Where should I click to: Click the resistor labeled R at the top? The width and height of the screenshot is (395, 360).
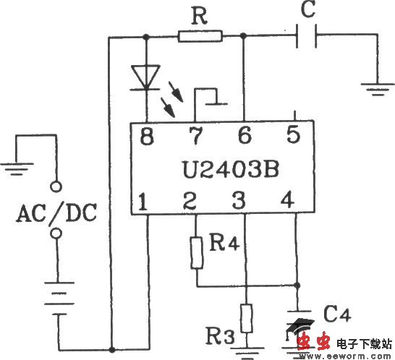coord(200,35)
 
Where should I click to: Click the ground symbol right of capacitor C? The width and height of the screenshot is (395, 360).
coord(374,89)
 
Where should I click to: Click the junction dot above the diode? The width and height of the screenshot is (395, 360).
coord(146,35)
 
